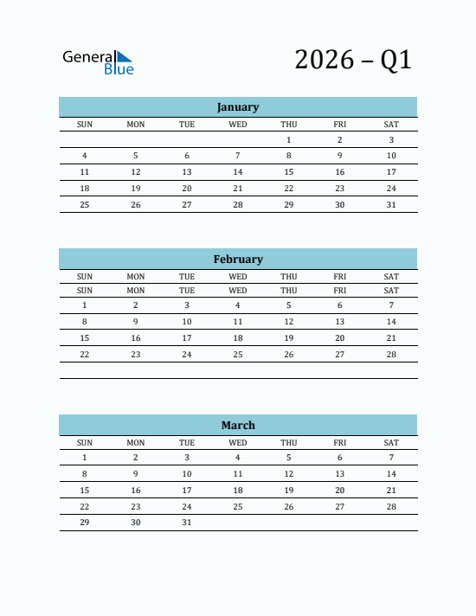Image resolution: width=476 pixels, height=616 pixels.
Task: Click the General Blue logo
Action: pyautogui.click(x=98, y=61)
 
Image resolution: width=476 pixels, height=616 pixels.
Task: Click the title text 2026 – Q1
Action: pyautogui.click(x=352, y=60)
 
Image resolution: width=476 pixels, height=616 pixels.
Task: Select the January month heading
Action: pyautogui.click(x=238, y=107)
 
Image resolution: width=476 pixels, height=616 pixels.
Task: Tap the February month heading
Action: pyautogui.click(x=238, y=259)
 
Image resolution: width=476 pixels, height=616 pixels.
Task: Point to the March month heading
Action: pyautogui.click(x=238, y=425)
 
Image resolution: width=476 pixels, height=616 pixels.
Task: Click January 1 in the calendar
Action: pyautogui.click(x=289, y=139)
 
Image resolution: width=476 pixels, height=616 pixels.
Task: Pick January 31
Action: pyautogui.click(x=391, y=205)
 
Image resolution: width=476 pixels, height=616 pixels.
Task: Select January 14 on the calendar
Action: pyautogui.click(x=238, y=172)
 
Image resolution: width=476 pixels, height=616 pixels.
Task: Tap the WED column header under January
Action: pyautogui.click(x=238, y=124)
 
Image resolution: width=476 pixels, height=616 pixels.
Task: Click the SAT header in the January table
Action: pyautogui.click(x=391, y=124)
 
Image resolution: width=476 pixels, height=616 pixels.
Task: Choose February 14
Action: pyautogui.click(x=391, y=321)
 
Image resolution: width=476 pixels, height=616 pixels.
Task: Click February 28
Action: pyautogui.click(x=391, y=354)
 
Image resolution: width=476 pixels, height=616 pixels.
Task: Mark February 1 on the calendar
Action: pyautogui.click(x=85, y=305)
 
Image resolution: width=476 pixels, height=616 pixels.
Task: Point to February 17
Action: pyautogui.click(x=187, y=337)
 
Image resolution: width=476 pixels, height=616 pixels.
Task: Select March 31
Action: pyautogui.click(x=187, y=523)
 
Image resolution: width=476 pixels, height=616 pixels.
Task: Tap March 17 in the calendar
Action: pyautogui.click(x=187, y=490)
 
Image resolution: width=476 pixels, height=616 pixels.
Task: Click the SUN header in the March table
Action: pyautogui.click(x=85, y=442)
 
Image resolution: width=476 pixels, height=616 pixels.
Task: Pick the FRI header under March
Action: pyautogui.click(x=340, y=442)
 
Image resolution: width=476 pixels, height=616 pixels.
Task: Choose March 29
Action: pyautogui.click(x=85, y=523)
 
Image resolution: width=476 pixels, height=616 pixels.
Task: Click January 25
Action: pyautogui.click(x=85, y=205)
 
